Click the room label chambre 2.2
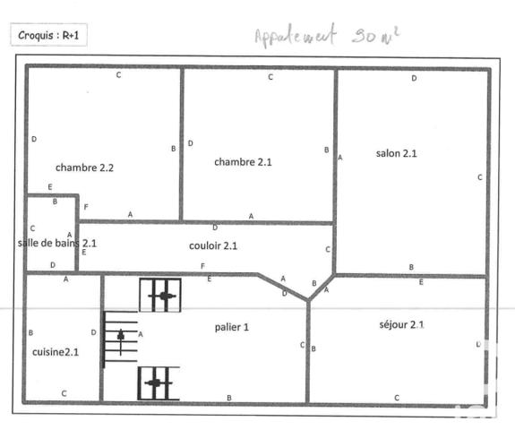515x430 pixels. (84, 167)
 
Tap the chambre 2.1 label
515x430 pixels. (243, 161)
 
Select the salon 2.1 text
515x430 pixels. (397, 153)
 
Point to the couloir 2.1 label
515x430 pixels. (213, 245)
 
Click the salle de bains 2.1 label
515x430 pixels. (57, 243)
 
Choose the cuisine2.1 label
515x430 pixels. (56, 352)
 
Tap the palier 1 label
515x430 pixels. (232, 327)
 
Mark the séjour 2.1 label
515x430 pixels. (401, 323)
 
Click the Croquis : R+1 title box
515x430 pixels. (49, 37)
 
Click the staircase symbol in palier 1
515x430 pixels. (121, 338)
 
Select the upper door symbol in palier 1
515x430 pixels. (160, 295)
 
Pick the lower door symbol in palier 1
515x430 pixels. (159, 383)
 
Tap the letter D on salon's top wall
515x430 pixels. (414, 79)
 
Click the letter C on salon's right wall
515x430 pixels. (480, 177)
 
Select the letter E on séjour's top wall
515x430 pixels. (421, 282)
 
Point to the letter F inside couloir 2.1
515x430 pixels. (202, 266)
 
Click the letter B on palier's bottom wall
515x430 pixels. (229, 397)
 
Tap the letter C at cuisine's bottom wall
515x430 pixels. (64, 393)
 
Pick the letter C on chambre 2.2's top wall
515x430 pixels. (118, 75)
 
